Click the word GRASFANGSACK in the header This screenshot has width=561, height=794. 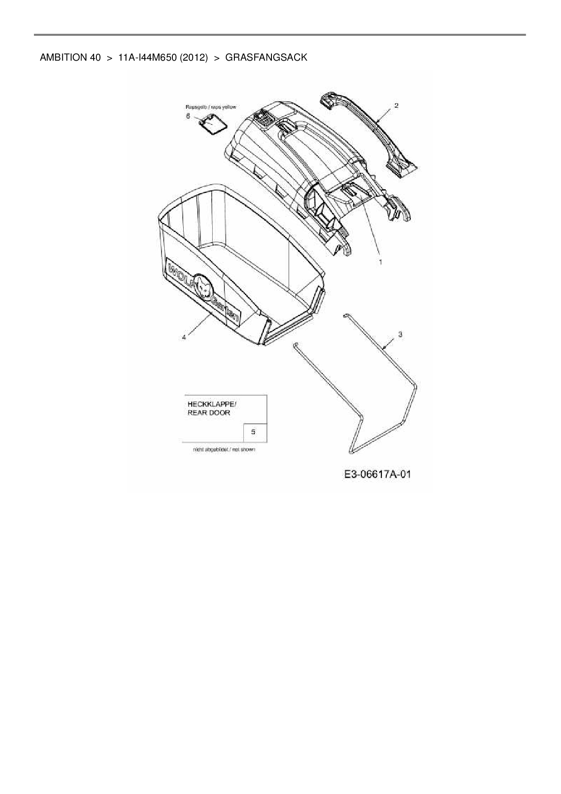tap(266, 57)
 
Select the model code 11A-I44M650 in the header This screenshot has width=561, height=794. tap(147, 57)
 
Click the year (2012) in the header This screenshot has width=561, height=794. tap(194, 57)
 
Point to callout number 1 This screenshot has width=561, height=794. tap(380, 262)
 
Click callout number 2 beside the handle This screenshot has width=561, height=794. tap(396, 105)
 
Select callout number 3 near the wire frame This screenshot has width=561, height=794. tap(400, 335)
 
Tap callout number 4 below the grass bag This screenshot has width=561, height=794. tap(184, 337)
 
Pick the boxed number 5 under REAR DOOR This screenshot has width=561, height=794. tap(253, 432)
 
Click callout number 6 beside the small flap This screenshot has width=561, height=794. tap(188, 116)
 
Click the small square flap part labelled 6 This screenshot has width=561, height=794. tap(212, 123)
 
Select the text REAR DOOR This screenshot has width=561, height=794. tap(209, 413)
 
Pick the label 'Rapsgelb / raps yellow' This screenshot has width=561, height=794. tap(211, 107)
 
